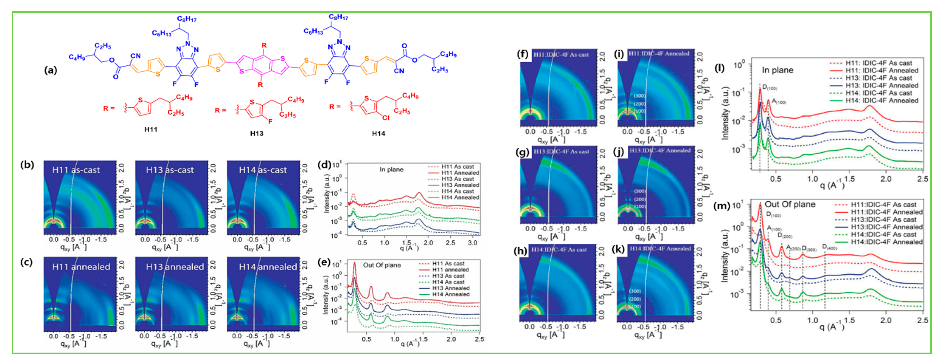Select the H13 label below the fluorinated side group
257,133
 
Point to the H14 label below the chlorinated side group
379,133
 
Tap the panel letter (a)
50,70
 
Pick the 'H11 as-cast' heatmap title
76,170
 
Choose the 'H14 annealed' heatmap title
268,267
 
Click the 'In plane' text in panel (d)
391,169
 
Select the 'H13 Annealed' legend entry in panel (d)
460,185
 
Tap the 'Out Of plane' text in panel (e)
382,265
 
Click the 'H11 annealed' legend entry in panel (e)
450,269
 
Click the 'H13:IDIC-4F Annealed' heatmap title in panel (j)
660,151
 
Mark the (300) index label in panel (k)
635,291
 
